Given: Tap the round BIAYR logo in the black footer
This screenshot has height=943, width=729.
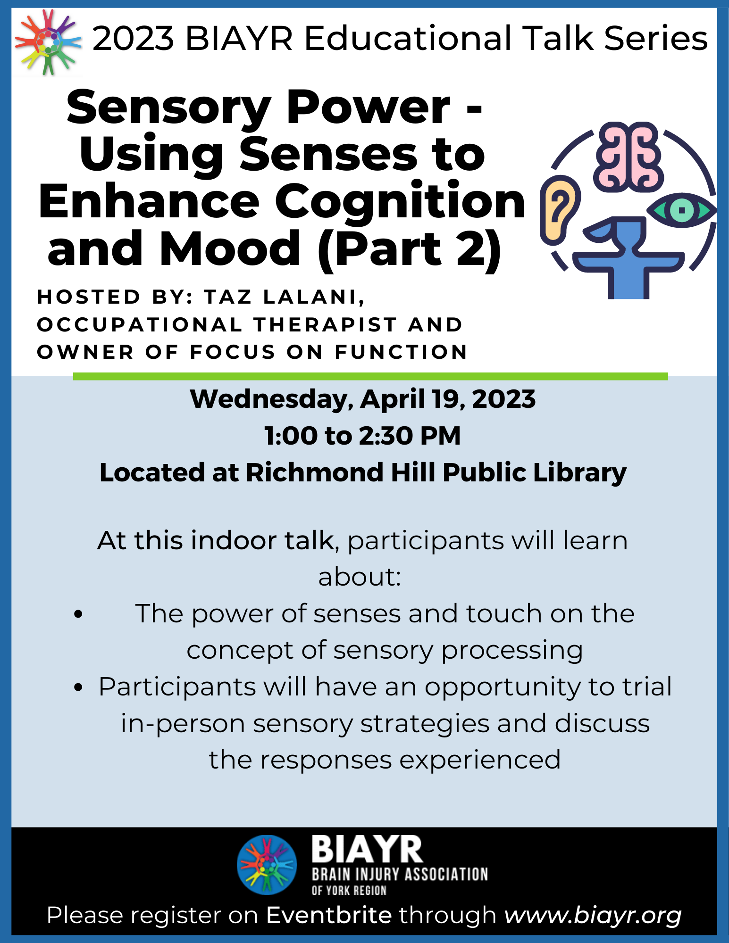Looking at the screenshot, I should click(x=267, y=865).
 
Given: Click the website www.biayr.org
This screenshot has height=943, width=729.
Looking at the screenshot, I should click(x=593, y=915).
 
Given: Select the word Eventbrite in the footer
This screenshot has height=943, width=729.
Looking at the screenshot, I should click(x=329, y=915).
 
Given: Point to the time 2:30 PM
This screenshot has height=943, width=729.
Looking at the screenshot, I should click(x=410, y=436).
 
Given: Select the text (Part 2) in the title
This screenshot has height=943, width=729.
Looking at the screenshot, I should click(x=409, y=248).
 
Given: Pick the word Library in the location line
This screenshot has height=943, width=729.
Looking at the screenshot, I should click(x=579, y=472).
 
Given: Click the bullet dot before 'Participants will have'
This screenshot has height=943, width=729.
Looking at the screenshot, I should click(x=78, y=687).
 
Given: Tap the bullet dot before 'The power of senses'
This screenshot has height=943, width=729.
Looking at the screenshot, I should click(x=78, y=614).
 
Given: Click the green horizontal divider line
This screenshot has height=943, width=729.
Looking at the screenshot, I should click(x=370, y=376).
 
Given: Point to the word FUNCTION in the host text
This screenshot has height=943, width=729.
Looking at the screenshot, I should click(x=401, y=352).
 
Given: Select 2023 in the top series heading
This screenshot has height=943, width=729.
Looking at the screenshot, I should click(x=133, y=39).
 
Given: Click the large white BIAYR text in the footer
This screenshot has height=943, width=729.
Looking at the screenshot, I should click(x=367, y=850).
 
